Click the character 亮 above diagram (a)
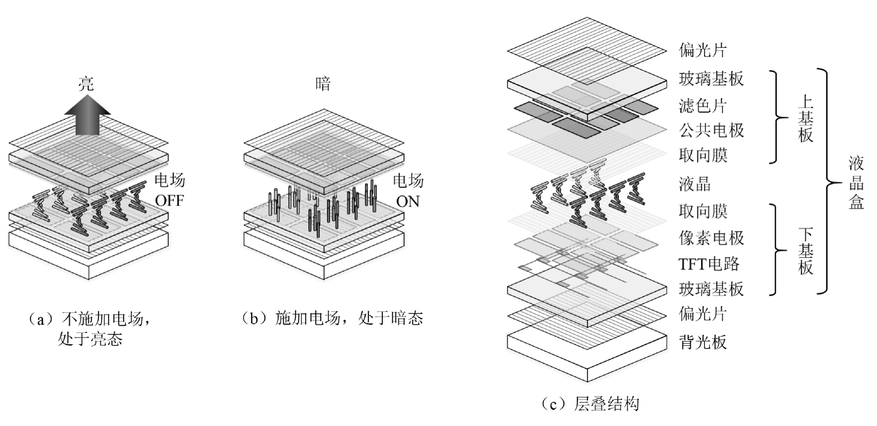coord(86,84)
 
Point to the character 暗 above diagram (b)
coord(323,84)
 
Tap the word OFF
coord(169,201)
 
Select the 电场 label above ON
coord(408,181)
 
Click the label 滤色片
coord(703,106)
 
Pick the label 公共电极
coord(711,131)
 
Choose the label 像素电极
coord(711,238)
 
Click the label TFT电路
coord(709,264)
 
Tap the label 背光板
coord(703,342)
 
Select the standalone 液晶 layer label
coord(694,184)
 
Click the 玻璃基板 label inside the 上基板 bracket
coord(711,79)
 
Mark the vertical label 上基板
coord(805,118)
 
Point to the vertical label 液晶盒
coord(856,183)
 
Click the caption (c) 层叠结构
coord(590,404)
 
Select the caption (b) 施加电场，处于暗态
coord(332,318)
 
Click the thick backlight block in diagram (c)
coord(588,355)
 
